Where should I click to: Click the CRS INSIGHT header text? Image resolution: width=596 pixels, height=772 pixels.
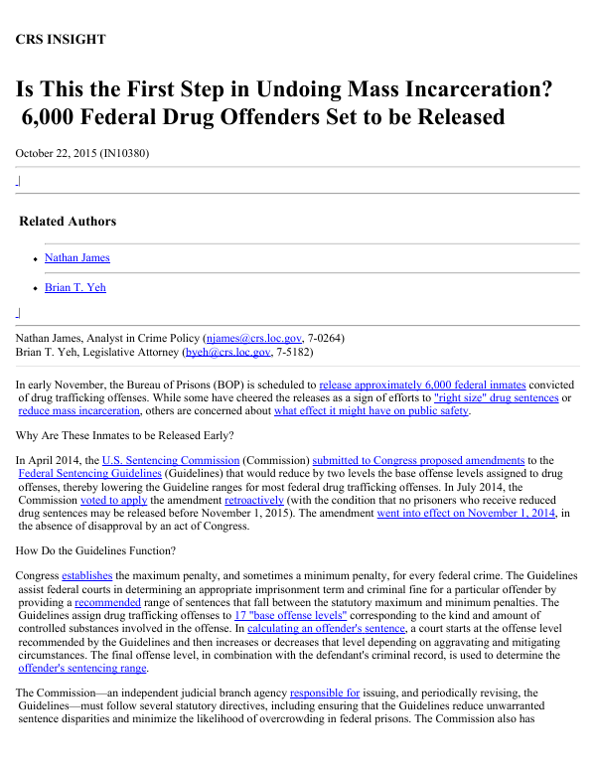click(61, 40)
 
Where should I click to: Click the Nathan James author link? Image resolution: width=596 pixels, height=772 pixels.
click(77, 258)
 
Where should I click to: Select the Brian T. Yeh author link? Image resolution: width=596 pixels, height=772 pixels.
click(75, 288)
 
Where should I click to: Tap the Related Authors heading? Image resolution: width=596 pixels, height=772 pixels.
click(68, 222)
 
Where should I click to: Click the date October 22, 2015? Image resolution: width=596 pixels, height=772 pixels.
click(55, 153)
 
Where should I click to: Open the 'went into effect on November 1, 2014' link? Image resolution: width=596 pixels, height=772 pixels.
click(465, 514)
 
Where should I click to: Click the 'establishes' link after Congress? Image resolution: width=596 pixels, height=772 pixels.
click(87, 576)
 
